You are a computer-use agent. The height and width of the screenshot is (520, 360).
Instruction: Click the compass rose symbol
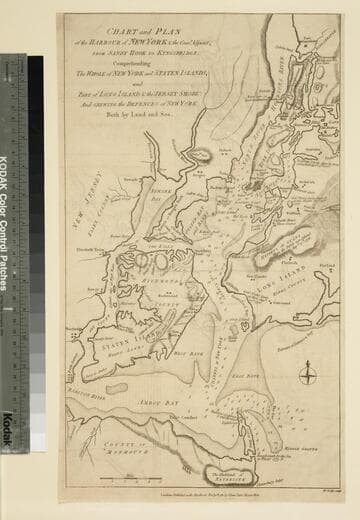309,375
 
